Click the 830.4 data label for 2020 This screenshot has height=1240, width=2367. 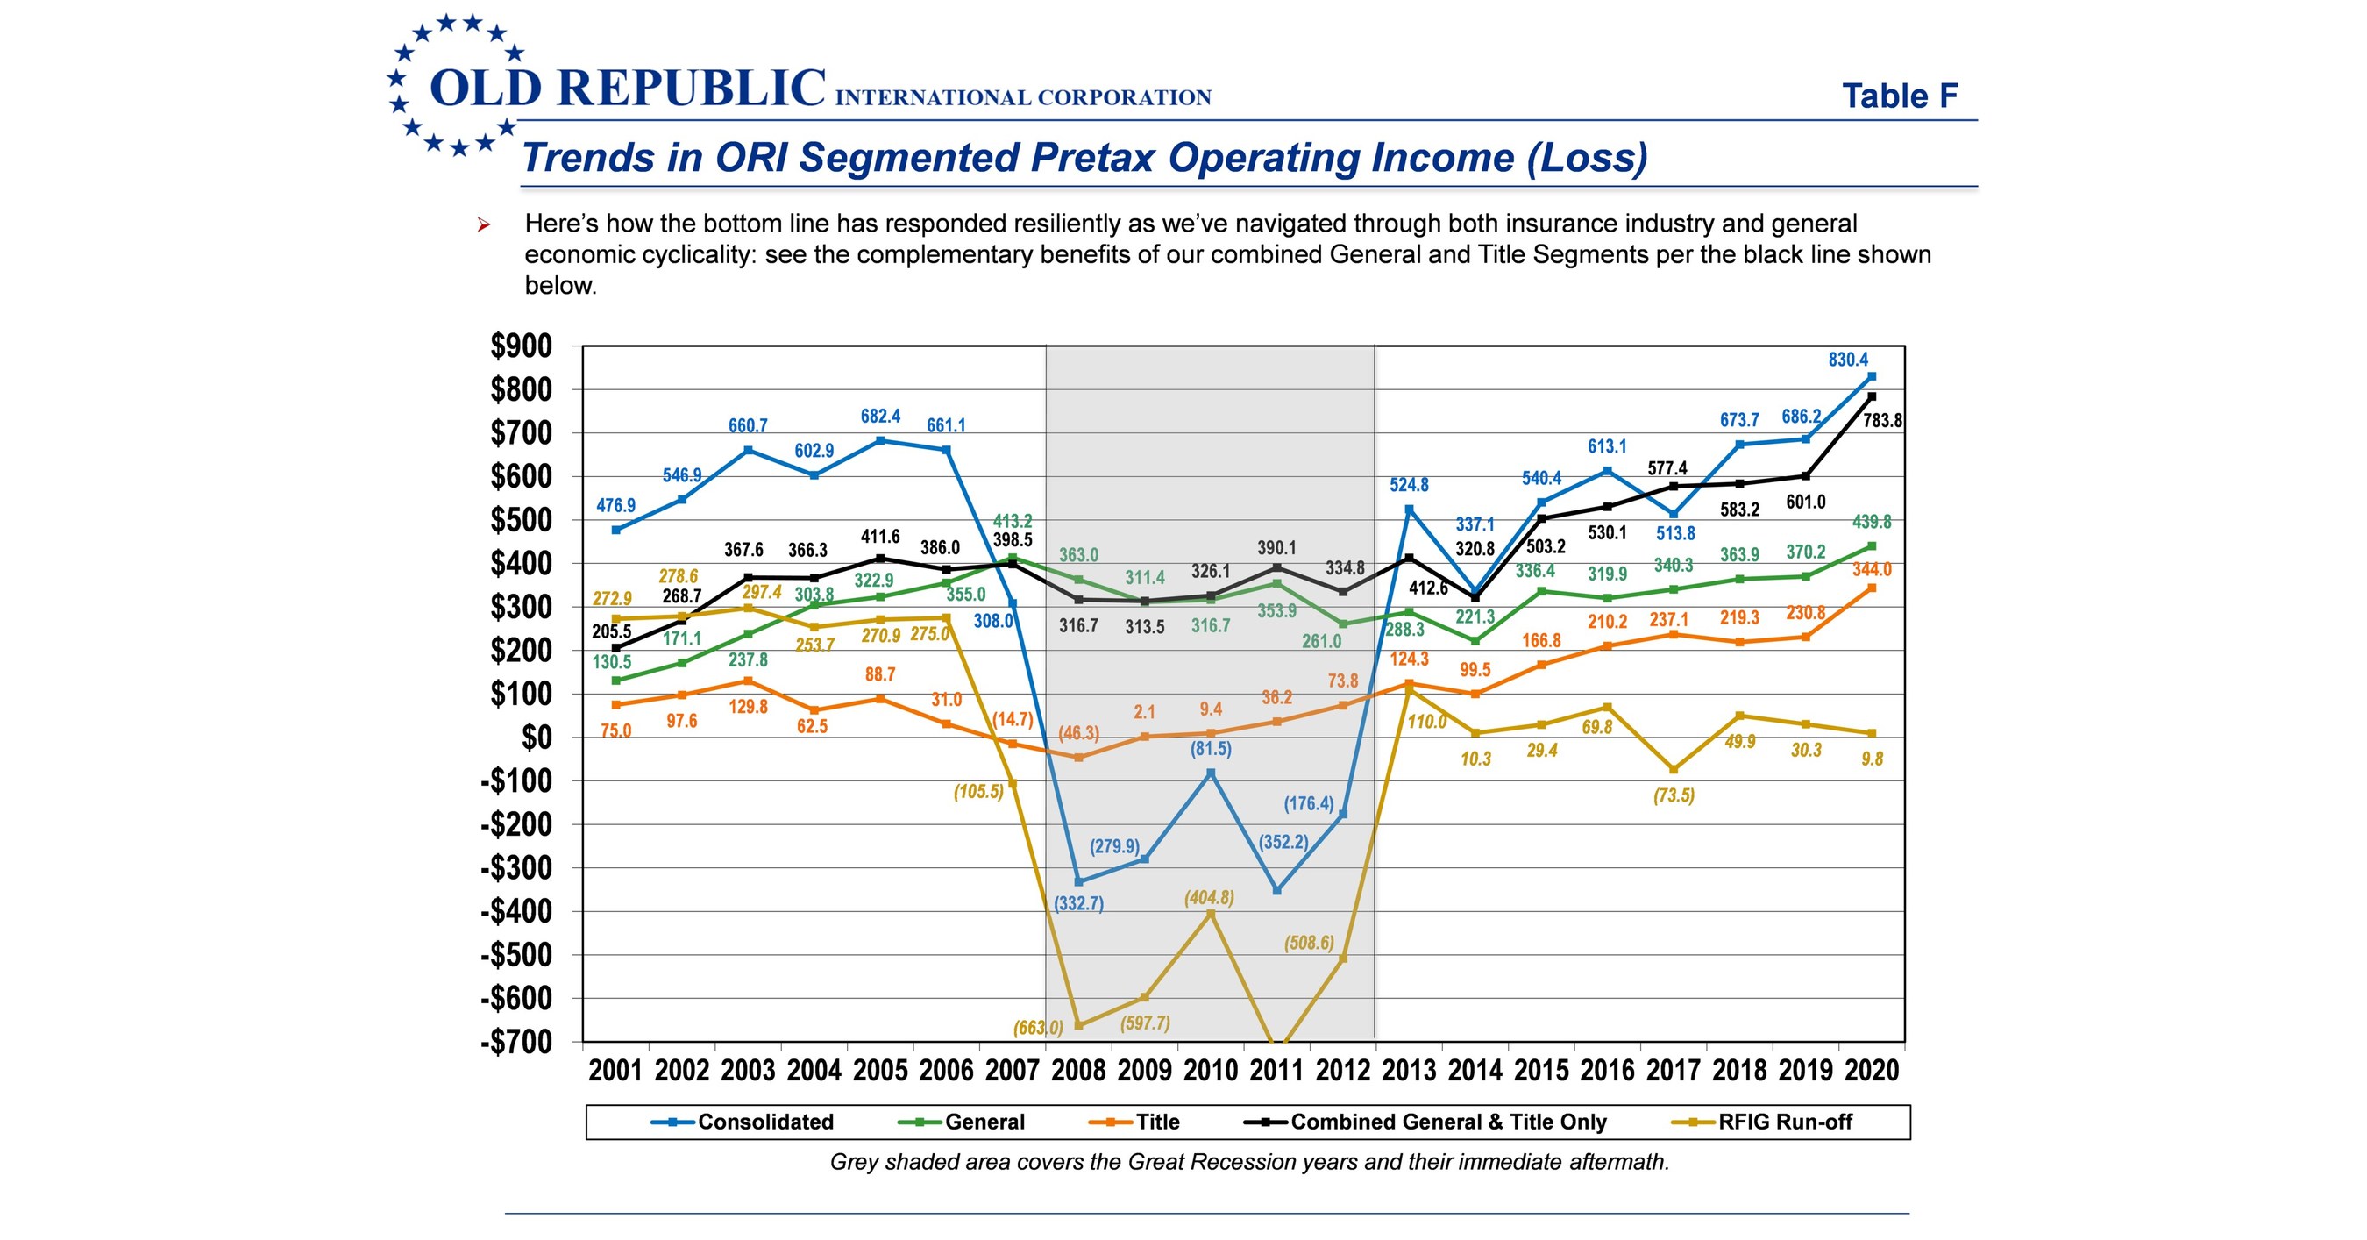(x=1848, y=360)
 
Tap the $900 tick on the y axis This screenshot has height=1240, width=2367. (x=521, y=346)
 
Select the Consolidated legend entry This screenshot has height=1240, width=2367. (x=764, y=1122)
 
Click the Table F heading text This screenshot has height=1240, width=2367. (x=1899, y=96)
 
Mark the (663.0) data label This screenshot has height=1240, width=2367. (x=1037, y=1028)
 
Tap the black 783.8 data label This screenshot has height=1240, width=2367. (x=1882, y=421)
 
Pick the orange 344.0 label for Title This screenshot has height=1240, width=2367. (x=1872, y=570)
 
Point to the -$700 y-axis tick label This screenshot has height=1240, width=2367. (x=516, y=1043)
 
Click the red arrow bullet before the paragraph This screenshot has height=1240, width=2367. (x=483, y=225)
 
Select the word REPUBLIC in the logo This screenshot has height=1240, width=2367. (x=691, y=89)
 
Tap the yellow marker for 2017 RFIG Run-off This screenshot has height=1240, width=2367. (x=1674, y=769)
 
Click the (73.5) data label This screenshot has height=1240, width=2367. (x=1674, y=795)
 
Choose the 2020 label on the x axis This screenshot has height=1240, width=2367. (x=1872, y=1070)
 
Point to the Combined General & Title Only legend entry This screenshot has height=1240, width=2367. (x=1447, y=1122)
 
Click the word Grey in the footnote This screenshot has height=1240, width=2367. (x=854, y=1162)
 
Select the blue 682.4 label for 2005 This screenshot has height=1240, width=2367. (x=880, y=417)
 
